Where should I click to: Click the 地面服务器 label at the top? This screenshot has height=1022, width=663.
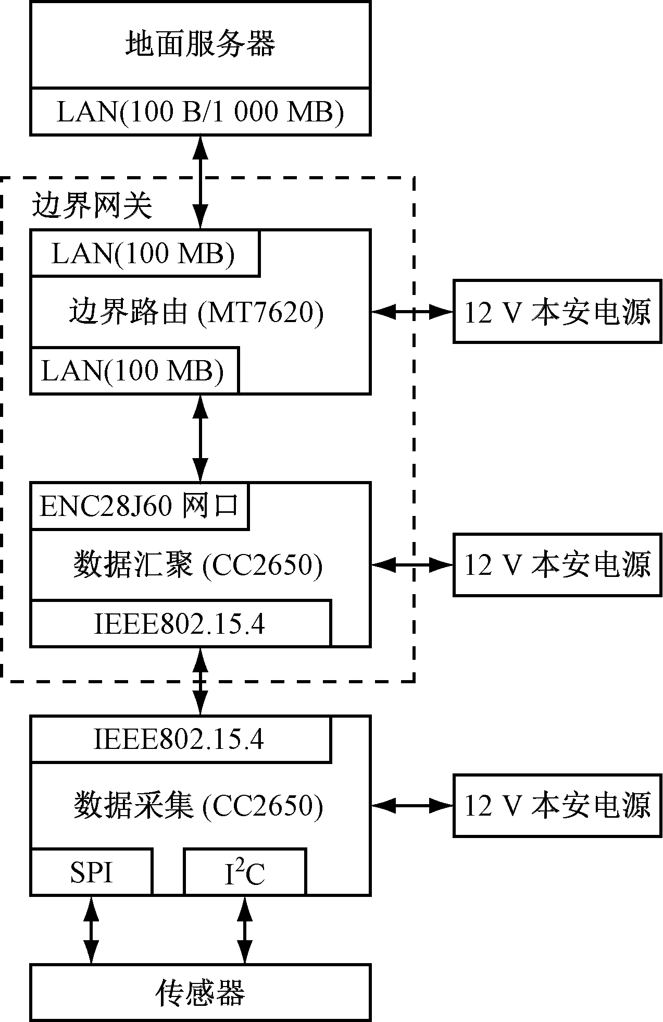[200, 44]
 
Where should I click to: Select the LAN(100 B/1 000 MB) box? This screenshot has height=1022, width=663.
[200, 112]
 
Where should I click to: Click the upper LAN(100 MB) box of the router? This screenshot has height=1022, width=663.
[144, 253]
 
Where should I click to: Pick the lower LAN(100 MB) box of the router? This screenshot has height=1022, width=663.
[134, 371]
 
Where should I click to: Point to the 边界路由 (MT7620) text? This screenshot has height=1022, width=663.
[196, 312]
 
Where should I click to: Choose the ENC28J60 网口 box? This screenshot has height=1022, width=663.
[139, 506]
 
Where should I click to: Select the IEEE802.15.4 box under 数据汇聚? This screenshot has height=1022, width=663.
[180, 623]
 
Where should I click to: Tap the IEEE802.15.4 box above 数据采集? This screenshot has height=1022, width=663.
[180, 739]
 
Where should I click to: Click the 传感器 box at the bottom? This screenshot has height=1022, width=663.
[200, 993]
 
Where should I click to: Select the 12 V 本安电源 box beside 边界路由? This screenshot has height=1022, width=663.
[557, 312]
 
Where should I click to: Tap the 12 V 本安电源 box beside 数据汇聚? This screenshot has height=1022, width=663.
[557, 564]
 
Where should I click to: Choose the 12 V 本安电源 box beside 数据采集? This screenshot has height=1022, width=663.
[557, 806]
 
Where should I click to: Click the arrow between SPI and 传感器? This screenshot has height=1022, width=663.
[92, 930]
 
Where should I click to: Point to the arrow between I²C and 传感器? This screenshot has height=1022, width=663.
[245, 930]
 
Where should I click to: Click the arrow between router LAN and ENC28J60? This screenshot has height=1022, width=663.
[201, 438]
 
